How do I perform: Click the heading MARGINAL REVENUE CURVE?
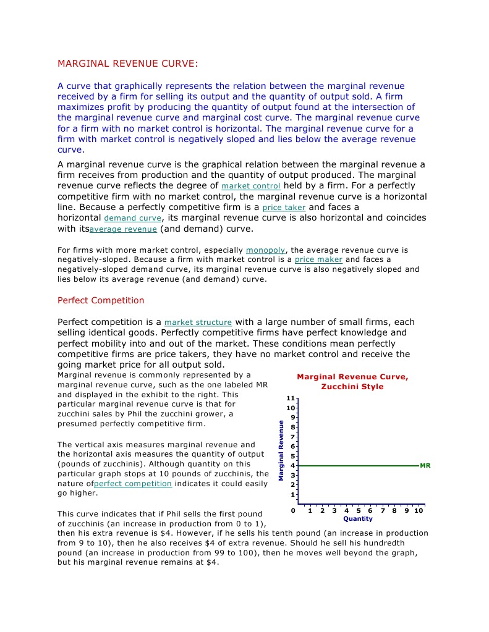click(128, 64)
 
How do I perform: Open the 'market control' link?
click(250, 186)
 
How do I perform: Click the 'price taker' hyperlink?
click(284, 208)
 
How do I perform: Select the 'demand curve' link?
click(132, 219)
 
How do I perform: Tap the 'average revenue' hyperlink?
click(123, 230)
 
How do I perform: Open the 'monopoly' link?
click(265, 250)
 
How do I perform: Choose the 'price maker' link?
click(318, 260)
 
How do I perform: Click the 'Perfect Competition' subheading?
click(101, 301)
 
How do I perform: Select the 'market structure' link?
click(198, 322)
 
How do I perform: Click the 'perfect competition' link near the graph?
click(132, 484)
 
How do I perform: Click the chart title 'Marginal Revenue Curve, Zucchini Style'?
click(352, 382)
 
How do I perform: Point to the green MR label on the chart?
click(425, 465)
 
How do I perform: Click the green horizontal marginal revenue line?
click(359, 465)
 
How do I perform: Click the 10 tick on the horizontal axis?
click(419, 511)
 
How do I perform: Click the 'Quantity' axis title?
click(358, 519)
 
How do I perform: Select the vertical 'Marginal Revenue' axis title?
click(281, 450)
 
